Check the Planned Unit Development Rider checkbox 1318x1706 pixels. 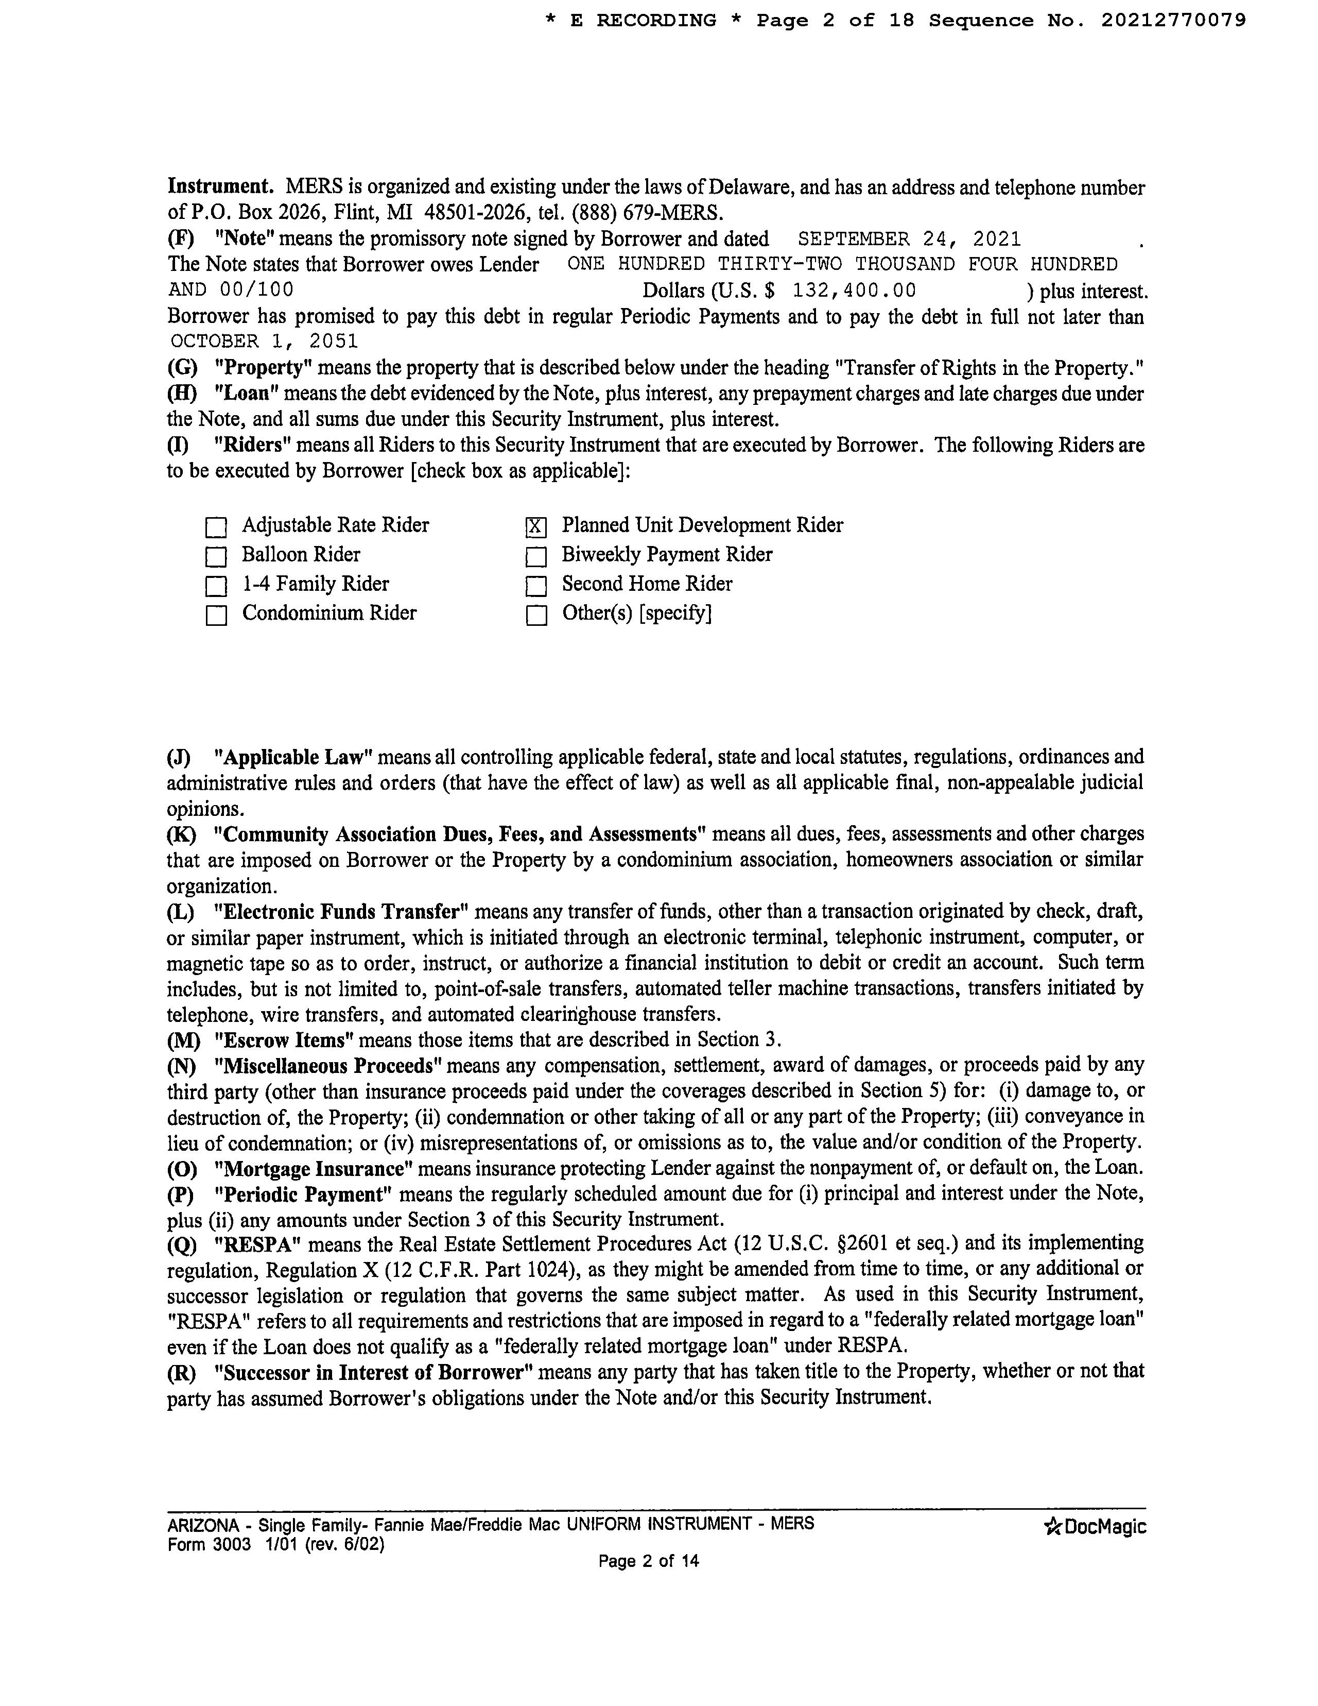pyautogui.click(x=535, y=527)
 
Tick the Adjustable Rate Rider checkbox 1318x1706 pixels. pyautogui.click(x=216, y=528)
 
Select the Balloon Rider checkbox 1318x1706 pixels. pyautogui.click(x=216, y=557)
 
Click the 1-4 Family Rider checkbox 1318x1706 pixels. pyautogui.click(x=216, y=586)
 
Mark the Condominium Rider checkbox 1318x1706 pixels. pyautogui.click(x=216, y=616)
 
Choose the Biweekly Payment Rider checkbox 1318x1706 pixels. pyautogui.click(x=535, y=557)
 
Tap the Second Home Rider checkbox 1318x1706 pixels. pyautogui.click(x=535, y=586)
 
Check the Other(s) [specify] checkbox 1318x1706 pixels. pyautogui.click(x=535, y=616)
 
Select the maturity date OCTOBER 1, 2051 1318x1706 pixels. pyautogui.click(x=264, y=342)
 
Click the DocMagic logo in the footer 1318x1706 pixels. pyautogui.click(x=1095, y=1526)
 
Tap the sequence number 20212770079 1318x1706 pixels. pyautogui.click(x=1173, y=20)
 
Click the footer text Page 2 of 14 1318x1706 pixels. pyautogui.click(x=648, y=1561)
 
